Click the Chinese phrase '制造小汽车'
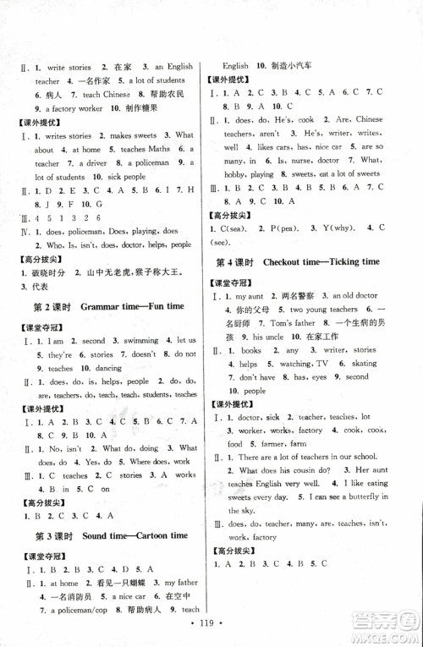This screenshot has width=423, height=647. tap(290, 65)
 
